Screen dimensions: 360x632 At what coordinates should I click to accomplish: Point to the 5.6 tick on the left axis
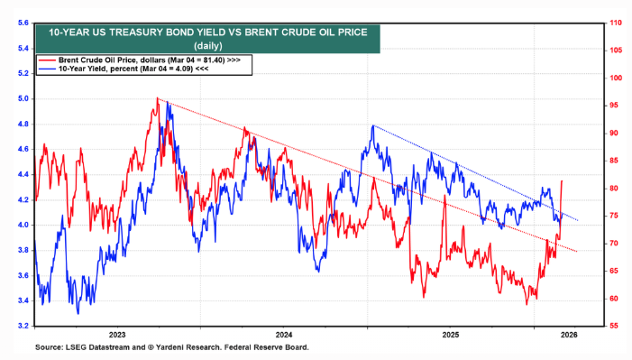(19, 23)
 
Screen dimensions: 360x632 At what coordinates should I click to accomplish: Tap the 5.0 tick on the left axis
(19, 98)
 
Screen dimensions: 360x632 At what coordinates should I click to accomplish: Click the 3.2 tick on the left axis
(19, 326)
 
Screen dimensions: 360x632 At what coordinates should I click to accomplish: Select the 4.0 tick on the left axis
(19, 225)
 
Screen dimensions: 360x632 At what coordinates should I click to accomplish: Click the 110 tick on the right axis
(617, 23)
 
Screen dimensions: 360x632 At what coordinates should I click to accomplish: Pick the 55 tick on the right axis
(615, 326)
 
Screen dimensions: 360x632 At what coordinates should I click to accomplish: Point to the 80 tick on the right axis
(615, 188)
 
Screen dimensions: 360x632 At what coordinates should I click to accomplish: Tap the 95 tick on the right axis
(615, 106)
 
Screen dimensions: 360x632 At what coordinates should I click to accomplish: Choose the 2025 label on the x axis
(451, 334)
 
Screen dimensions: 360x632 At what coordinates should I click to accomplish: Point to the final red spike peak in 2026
(563, 180)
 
